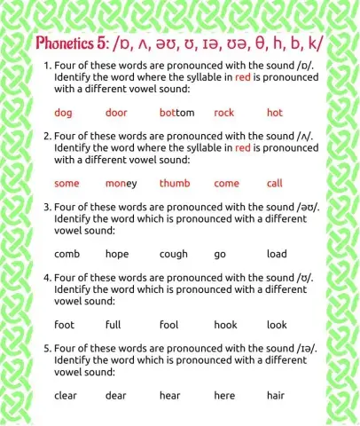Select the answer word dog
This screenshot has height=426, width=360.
pyautogui.click(x=63, y=113)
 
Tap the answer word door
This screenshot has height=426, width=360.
pyautogui.click(x=116, y=113)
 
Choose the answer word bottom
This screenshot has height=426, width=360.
pyautogui.click(x=176, y=113)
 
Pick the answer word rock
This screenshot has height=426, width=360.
pyautogui.click(x=224, y=113)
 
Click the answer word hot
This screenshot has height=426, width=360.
pyautogui.click(x=274, y=113)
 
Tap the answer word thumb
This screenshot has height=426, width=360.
pyautogui.click(x=175, y=184)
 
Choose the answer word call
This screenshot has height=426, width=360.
pyautogui.click(x=274, y=184)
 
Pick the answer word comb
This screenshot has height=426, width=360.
pyautogui.click(x=67, y=254)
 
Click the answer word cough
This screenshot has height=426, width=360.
pyautogui.click(x=174, y=254)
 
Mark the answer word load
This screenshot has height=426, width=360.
pyautogui.click(x=277, y=254)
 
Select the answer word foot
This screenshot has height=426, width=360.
pyautogui.click(x=64, y=325)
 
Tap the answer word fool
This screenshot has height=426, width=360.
pyautogui.click(x=168, y=325)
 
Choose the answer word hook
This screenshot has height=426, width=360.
pyautogui.click(x=225, y=325)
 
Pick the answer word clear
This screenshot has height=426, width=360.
pyautogui.click(x=66, y=396)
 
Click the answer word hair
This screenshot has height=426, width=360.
pyautogui.click(x=275, y=396)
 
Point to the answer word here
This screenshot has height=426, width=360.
pyautogui.click(x=224, y=396)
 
